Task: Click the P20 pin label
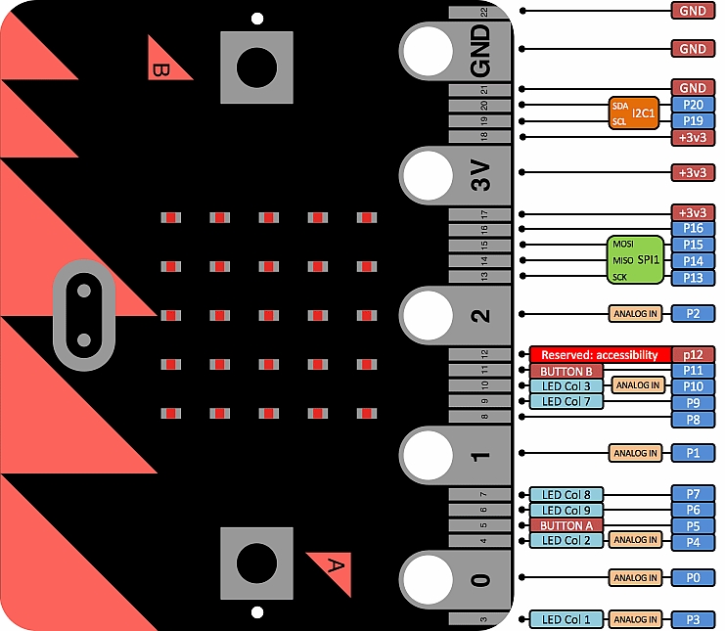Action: (x=693, y=105)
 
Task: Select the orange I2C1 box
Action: (x=633, y=113)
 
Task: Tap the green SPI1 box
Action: (x=635, y=260)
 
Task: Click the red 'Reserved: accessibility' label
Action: (x=600, y=354)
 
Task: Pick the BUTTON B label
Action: (x=566, y=371)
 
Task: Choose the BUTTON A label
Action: (x=566, y=525)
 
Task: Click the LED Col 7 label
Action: (x=566, y=401)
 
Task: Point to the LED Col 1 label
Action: (x=566, y=619)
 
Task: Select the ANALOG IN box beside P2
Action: (x=635, y=313)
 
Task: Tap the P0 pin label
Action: (x=693, y=577)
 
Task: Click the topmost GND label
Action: (x=693, y=11)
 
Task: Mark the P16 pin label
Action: (x=693, y=228)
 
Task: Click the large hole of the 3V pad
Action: (x=428, y=175)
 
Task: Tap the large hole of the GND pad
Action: (x=428, y=51)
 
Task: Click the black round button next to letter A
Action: (x=256, y=563)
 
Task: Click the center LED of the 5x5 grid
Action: (x=269, y=315)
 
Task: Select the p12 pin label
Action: (x=693, y=354)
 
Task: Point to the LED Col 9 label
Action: (x=566, y=510)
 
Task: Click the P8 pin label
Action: (x=693, y=420)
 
